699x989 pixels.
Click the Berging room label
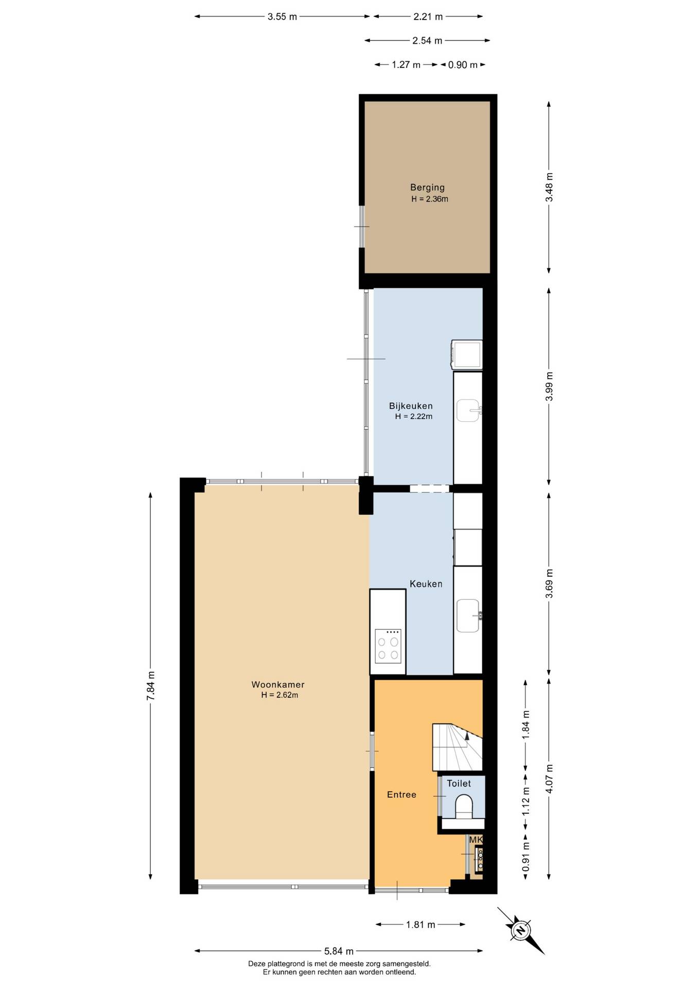pos(427,187)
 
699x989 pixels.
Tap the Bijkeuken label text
pos(411,406)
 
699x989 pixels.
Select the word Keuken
pos(426,584)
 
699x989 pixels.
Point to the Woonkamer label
pos(278,685)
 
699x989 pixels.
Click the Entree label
pos(401,795)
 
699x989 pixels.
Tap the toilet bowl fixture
pos(464,807)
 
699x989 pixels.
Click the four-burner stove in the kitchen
pos(388,646)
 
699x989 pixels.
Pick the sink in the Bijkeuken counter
pos(469,411)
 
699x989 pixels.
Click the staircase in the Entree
pos(457,747)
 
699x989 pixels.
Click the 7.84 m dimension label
pos(151,686)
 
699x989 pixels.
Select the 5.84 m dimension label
pos(339,951)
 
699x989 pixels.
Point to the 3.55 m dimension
pos(282,16)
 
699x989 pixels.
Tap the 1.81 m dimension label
pos(421,925)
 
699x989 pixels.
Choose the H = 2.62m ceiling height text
pos(279,695)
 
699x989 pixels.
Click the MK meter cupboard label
pos(476,840)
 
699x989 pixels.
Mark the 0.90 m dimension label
pos(462,65)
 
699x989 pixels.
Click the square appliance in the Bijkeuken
pos(467,354)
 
